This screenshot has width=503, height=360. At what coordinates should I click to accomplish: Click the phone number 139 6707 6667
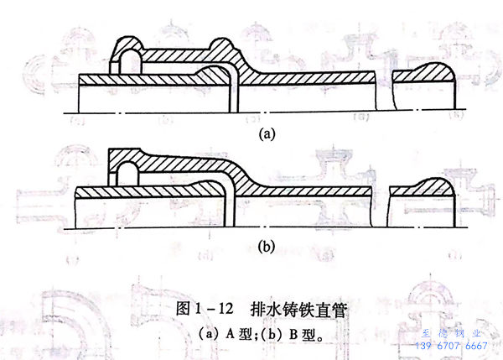click(x=452, y=346)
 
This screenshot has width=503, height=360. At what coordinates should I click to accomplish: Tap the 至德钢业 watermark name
click(x=452, y=333)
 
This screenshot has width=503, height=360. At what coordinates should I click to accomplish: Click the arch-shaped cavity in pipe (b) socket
click(x=127, y=175)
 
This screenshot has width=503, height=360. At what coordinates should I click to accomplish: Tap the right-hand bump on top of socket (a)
click(x=221, y=47)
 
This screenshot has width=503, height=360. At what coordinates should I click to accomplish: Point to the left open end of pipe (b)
click(x=77, y=206)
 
